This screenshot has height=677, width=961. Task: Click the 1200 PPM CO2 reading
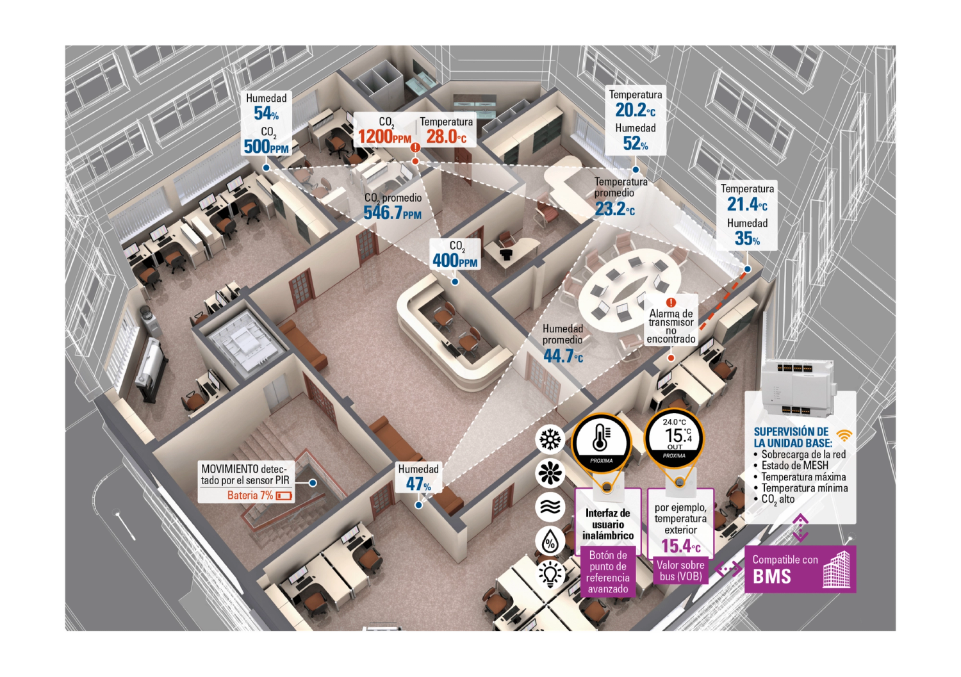(384, 136)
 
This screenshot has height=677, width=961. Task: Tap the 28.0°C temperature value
(446, 136)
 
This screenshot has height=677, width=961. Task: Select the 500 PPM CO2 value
(266, 147)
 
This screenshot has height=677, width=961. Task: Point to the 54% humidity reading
(266, 113)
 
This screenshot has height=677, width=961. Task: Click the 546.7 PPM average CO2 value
(392, 213)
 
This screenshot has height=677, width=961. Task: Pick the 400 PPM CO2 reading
(455, 261)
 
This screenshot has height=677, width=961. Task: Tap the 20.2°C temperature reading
(635, 110)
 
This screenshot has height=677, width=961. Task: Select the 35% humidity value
(747, 239)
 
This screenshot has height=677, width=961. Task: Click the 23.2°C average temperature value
(614, 209)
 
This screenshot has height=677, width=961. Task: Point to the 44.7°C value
(563, 356)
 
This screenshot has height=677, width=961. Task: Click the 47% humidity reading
(418, 484)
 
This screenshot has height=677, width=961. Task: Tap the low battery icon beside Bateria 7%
(284, 496)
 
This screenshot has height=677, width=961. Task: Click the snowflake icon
(550, 439)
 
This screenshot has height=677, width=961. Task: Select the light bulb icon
(550, 573)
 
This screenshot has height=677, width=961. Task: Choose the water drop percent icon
(550, 541)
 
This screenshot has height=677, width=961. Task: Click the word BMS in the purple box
(772, 576)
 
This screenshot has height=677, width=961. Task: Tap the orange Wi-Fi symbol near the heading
(844, 436)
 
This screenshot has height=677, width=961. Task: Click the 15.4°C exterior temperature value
(680, 546)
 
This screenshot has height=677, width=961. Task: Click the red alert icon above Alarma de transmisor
(671, 302)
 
